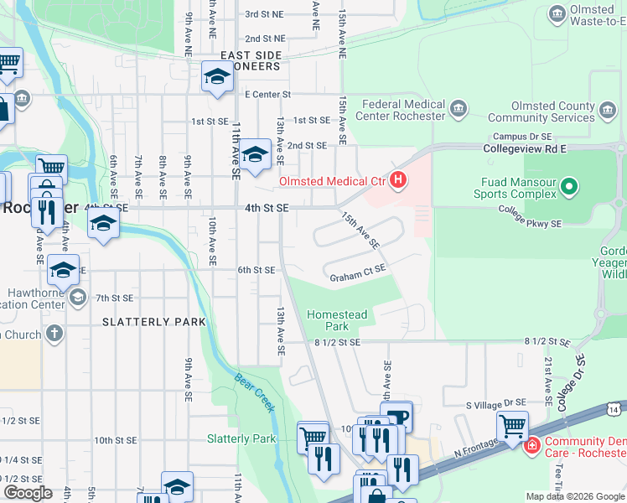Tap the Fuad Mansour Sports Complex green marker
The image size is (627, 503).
pos(570,185)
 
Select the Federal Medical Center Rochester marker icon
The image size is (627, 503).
pos(458,108)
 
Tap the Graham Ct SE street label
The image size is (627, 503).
pos(357,272)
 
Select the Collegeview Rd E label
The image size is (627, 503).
pos(526,148)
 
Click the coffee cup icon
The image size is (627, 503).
pos(396,415)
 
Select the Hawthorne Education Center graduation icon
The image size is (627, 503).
pos(78,296)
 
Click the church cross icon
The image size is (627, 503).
pos(54,334)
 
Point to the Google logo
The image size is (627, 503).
pos(28,493)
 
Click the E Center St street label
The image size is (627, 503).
pos(267,95)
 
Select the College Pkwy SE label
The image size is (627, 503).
pos(530,217)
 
